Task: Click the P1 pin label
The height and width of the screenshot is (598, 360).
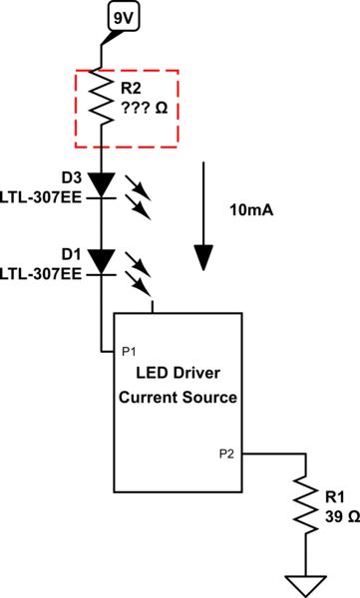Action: coord(129,351)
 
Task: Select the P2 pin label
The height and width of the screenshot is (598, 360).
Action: coord(225,453)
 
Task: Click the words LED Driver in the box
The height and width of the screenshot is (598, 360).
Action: coord(178,374)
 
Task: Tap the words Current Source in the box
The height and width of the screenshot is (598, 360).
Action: coord(178,397)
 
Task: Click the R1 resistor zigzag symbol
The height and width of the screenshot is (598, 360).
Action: coord(300,504)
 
